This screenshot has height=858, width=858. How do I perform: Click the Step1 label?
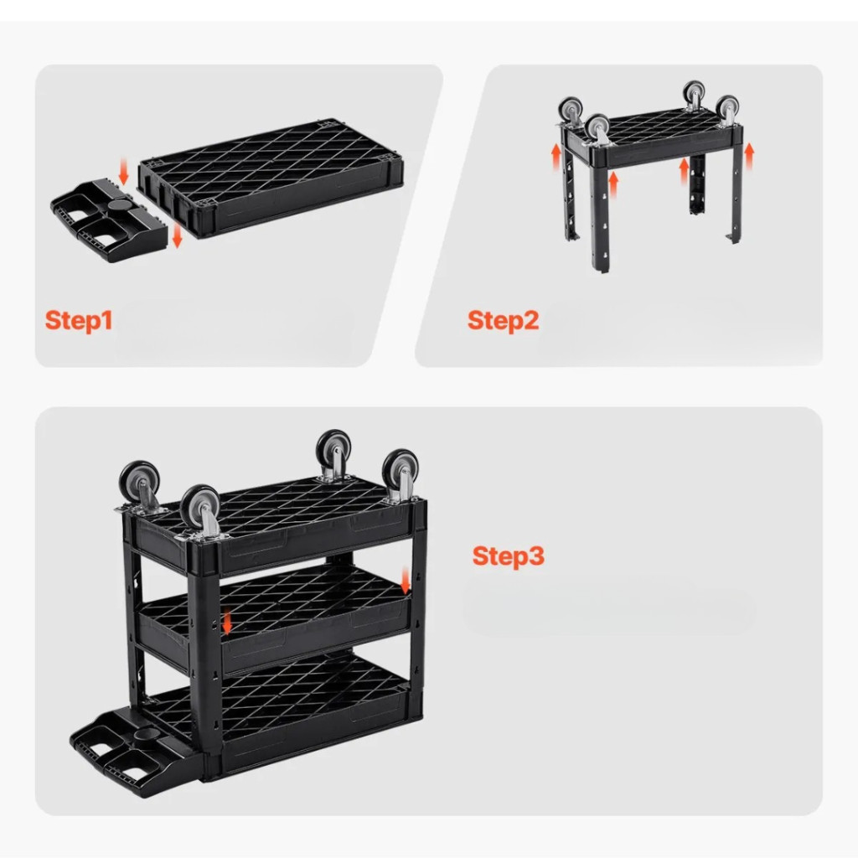79,320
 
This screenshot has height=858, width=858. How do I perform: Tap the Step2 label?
503,320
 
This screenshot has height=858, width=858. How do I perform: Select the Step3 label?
509,556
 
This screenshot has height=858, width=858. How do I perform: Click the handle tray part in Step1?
108,220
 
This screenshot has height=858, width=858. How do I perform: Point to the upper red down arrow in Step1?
124,171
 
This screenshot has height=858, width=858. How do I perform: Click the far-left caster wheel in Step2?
571,113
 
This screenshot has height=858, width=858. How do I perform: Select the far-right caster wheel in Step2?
727,111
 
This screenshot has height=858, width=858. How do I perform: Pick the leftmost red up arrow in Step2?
556,157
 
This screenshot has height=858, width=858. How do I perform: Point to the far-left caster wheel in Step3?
140,485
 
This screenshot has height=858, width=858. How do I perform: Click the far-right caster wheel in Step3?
400,473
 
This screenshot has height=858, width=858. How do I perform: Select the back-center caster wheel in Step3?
333,454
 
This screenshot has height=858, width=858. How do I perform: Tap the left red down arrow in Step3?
227,623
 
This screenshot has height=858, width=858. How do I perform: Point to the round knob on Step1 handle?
120,205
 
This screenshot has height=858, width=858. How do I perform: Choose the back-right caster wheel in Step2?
694,96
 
